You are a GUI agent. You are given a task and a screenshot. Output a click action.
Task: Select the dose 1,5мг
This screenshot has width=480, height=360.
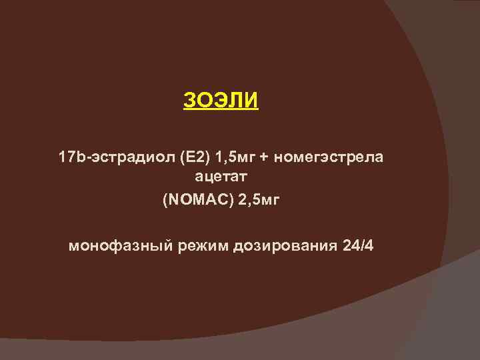point(224,158)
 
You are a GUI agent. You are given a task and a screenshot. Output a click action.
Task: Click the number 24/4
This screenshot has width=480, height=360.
point(357,246)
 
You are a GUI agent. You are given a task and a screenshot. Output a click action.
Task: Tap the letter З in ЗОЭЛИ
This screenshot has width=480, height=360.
point(189,102)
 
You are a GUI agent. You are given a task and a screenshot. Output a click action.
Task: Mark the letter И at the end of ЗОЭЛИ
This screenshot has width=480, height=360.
point(251,102)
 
